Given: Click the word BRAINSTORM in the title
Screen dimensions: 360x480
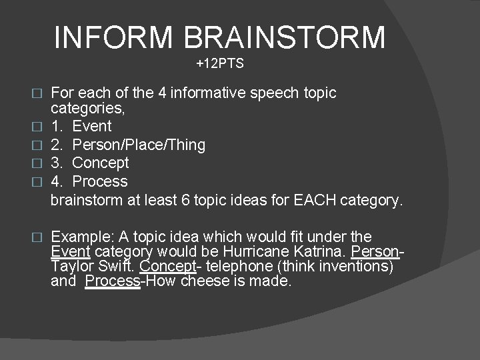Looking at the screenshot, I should click(x=285, y=37).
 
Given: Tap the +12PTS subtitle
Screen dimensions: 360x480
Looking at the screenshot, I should click(x=220, y=65).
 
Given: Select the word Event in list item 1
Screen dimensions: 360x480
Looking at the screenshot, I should click(x=92, y=127).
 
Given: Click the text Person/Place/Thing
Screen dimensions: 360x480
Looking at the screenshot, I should click(x=139, y=145).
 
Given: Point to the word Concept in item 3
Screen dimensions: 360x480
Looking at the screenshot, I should click(x=100, y=163).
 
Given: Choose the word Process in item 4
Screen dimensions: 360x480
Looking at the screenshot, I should click(x=100, y=181).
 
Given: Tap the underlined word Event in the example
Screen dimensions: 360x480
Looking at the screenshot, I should click(x=71, y=252).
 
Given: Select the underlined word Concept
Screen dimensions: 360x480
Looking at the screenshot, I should click(x=167, y=267).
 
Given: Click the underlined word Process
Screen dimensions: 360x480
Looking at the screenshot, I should click(x=113, y=281).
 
